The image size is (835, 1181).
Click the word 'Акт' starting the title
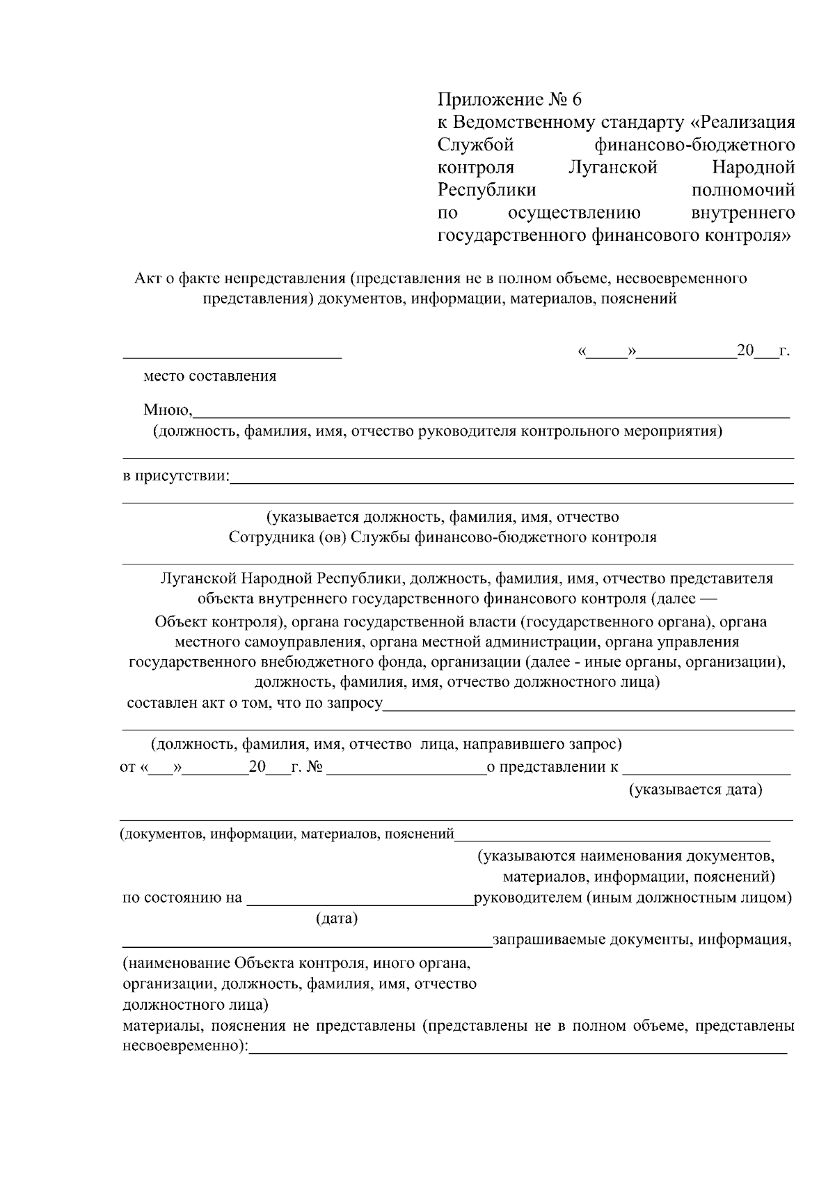click(147, 279)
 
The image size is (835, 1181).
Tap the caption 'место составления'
click(209, 377)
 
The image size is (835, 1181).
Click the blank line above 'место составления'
click(232, 356)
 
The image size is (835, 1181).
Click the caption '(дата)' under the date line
click(337, 919)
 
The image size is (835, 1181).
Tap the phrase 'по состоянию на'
click(182, 898)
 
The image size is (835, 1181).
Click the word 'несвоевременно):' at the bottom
click(185, 1047)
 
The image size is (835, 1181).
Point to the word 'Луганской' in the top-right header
click(612, 168)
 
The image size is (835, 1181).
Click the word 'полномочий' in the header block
click(743, 190)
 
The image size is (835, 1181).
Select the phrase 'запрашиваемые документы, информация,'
click(642, 940)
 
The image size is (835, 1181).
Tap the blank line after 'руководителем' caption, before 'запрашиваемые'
click(306, 945)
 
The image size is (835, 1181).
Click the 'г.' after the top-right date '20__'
click(784, 351)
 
